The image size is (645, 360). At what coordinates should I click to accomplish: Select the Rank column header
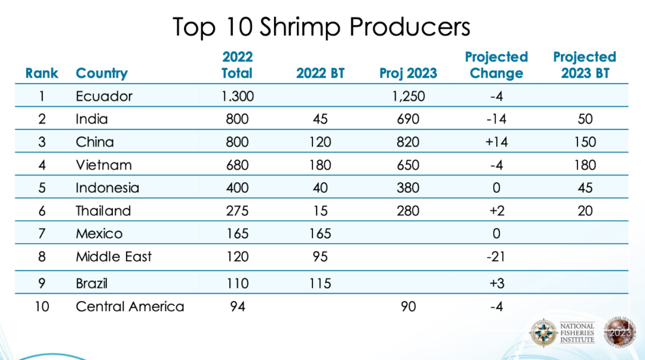[x=42, y=73]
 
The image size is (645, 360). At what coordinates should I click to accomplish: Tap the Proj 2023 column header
[x=408, y=73]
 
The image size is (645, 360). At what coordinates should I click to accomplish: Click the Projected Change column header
[x=496, y=65]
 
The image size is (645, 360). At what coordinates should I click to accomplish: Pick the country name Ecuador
[x=104, y=96]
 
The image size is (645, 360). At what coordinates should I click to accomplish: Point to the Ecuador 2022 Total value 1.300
[x=237, y=96]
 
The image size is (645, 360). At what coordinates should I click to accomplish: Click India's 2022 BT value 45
[x=320, y=119]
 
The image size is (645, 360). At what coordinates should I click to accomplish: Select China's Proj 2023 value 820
[x=408, y=142]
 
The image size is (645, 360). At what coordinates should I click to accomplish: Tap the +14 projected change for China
[x=496, y=142]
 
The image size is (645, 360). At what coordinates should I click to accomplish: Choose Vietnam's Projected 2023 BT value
[x=585, y=165]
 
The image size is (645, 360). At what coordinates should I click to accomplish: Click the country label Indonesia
[x=107, y=187]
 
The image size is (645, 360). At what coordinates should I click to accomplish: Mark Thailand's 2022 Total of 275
[x=237, y=211]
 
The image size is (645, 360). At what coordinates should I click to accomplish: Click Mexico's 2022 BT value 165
[x=320, y=233]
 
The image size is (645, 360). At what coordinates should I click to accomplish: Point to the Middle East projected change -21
[x=496, y=257]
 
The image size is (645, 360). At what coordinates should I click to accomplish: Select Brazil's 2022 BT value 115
[x=320, y=283]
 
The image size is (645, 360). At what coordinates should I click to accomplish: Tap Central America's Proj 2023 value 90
[x=408, y=307]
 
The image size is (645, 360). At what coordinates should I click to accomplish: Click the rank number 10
[x=42, y=307]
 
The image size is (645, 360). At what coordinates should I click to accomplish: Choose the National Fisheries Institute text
[x=577, y=333]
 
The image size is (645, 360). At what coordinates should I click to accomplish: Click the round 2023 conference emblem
[x=620, y=331]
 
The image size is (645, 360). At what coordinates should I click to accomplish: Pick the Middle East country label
[x=113, y=257]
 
